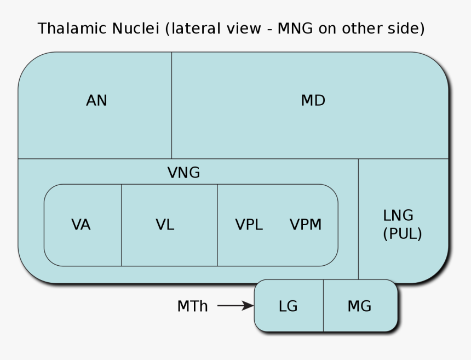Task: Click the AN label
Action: [x=96, y=101]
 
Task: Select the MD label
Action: [x=313, y=101]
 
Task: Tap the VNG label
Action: [x=183, y=173]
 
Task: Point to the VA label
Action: [x=81, y=225]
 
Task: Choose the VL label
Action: [x=165, y=225]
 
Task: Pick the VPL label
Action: [x=249, y=225]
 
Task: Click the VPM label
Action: [x=306, y=225]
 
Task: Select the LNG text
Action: [x=398, y=215]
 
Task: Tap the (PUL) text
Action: [x=402, y=234]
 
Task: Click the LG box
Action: [x=288, y=306]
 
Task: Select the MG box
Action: [x=359, y=306]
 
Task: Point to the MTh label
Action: [x=192, y=306]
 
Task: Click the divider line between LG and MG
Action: [x=323, y=306]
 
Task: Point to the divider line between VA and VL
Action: [x=122, y=225]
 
